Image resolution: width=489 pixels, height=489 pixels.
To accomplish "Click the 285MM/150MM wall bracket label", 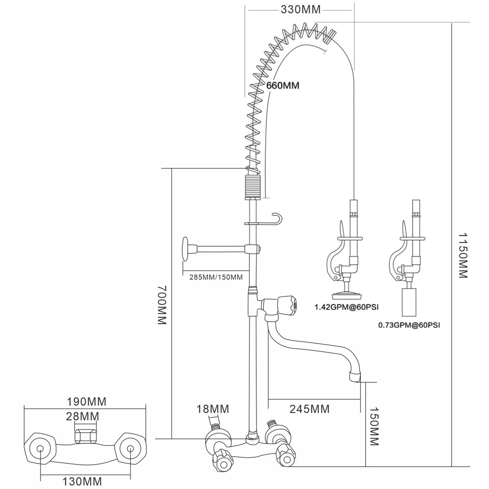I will pos(216,277).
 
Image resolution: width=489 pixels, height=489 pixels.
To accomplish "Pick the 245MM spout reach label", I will pos(309,409).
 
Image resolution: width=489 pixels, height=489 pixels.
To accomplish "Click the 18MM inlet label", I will pos(213,409).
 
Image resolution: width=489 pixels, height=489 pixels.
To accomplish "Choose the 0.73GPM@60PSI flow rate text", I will pos(409,324).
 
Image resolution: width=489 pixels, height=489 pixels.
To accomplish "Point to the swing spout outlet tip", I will pos(354,377).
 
